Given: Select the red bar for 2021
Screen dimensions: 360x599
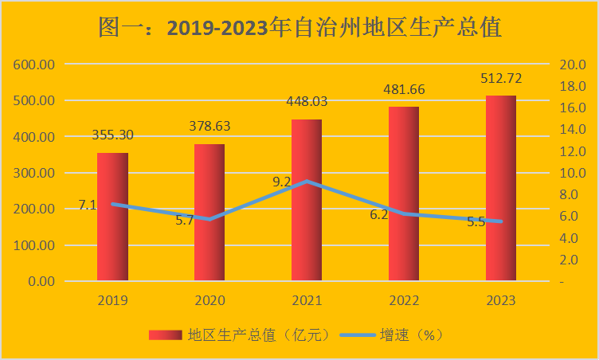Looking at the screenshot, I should point(307,200).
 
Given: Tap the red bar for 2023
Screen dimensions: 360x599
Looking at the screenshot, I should point(500,188).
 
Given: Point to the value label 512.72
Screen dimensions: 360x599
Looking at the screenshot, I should point(500,78).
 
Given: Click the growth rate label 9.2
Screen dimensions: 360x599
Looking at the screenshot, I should point(282,182).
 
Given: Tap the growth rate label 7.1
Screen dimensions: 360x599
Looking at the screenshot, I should point(88,205).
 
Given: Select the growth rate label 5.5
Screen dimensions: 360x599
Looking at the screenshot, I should point(476,222).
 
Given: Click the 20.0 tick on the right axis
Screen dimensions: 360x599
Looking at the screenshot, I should point(574,65).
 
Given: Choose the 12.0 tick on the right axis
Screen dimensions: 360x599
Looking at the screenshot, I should point(574,151).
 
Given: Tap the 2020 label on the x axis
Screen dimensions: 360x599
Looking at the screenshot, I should point(210,300).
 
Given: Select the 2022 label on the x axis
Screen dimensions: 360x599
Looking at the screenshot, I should point(403,300).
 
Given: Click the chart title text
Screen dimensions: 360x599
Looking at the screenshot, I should point(299,28).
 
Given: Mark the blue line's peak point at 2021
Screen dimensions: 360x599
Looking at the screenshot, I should point(307,182).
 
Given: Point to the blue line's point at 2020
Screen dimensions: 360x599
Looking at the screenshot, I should point(210,219).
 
